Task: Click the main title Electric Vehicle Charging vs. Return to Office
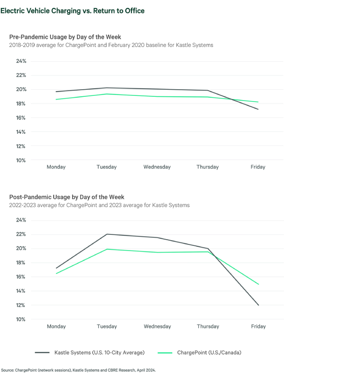[x=73, y=10]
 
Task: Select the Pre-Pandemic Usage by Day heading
[x=65, y=37]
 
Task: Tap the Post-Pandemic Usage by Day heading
[x=67, y=196]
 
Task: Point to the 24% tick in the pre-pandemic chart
[x=21, y=61]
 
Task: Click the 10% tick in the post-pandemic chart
[x=21, y=319]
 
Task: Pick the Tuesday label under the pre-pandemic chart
[x=106, y=167]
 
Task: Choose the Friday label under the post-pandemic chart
[x=258, y=326]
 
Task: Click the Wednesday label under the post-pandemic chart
[x=157, y=326]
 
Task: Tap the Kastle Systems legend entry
[x=90, y=353]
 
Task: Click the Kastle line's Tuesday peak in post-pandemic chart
[x=107, y=234]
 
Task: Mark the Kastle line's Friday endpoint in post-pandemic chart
[x=258, y=305]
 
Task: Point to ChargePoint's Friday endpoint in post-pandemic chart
[x=258, y=284]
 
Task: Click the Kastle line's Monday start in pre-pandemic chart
[x=56, y=92]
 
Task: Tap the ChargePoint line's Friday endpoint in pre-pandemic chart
[x=258, y=102]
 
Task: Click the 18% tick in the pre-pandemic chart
[x=21, y=103]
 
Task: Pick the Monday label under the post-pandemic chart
[x=56, y=326]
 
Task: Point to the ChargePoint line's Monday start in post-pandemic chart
[x=56, y=273]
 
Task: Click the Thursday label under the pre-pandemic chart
[x=208, y=167]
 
